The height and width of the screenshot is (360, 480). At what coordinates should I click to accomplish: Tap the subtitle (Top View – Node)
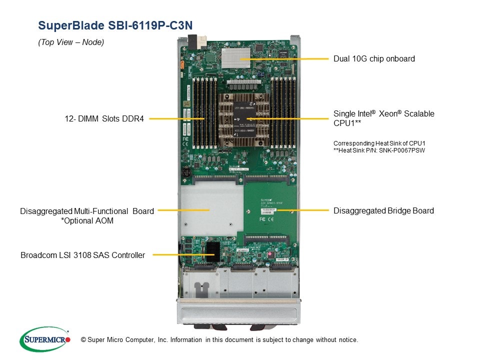coord(71,42)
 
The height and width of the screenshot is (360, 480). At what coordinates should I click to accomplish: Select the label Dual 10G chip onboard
coord(374,59)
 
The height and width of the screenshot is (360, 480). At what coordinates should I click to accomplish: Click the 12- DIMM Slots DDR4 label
coord(103,118)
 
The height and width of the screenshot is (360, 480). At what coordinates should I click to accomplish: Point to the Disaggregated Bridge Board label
coord(383,210)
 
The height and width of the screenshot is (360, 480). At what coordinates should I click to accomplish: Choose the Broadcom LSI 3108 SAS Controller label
coord(82,255)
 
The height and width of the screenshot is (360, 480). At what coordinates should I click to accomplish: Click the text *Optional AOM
coord(87,220)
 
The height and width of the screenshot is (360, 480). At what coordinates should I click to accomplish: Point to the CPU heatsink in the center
coord(243,118)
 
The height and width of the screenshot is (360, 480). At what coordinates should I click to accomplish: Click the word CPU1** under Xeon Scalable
coord(347,122)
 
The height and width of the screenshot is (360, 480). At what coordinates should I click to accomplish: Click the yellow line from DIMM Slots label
coord(177,118)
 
